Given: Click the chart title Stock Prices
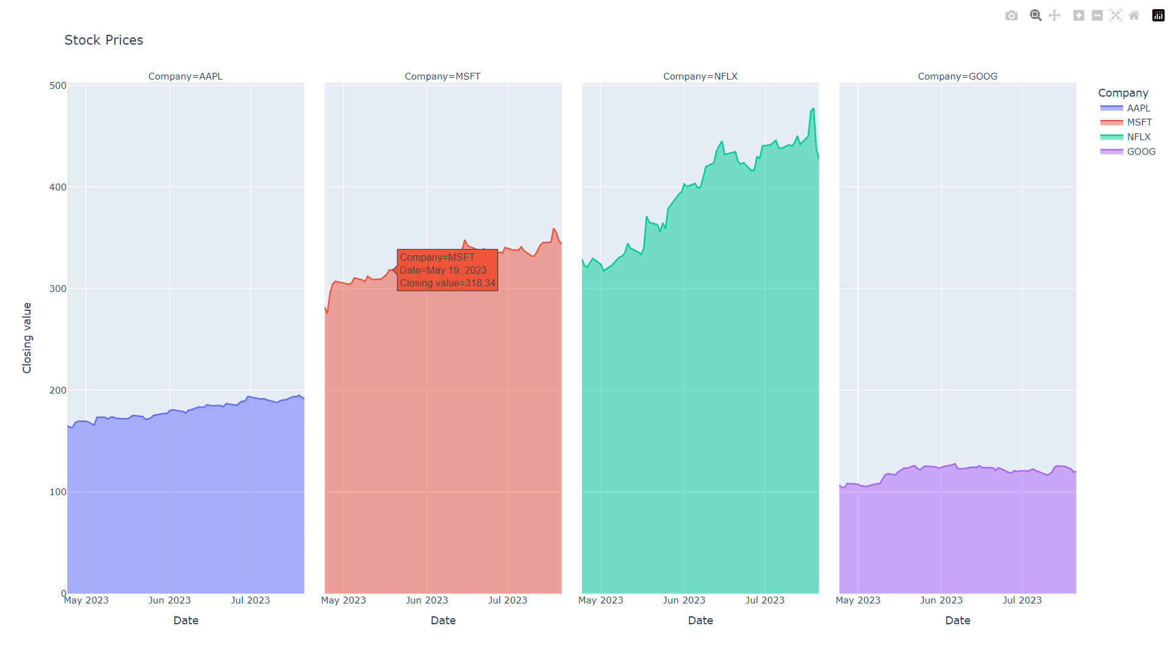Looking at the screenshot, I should (x=103, y=40).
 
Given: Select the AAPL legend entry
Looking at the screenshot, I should (x=1138, y=108).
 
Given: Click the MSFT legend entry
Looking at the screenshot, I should (x=1139, y=122).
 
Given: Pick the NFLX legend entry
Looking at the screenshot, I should (x=1138, y=137).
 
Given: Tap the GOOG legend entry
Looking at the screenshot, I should (x=1141, y=152).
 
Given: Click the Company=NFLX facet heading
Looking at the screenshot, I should (x=700, y=77).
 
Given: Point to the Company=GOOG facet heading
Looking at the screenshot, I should (x=957, y=77).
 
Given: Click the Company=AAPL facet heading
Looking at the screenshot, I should (x=185, y=77).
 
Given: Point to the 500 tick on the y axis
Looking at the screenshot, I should (x=58, y=86).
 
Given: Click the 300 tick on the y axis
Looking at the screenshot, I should (x=58, y=289).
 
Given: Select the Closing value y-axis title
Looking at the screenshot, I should (x=27, y=338).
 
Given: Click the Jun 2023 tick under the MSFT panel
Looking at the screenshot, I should (x=427, y=600).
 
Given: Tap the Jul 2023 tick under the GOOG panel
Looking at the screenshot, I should (x=1022, y=600).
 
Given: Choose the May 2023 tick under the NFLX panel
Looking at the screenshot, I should (x=600, y=600).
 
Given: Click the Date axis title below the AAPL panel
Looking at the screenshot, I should (x=186, y=621).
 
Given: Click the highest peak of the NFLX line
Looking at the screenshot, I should (x=813, y=109).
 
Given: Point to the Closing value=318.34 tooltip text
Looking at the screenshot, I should (x=447, y=283).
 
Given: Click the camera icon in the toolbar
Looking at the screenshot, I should (x=1012, y=16).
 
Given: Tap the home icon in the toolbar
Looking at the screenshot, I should (x=1134, y=16).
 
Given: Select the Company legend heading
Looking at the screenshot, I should (x=1123, y=93).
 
